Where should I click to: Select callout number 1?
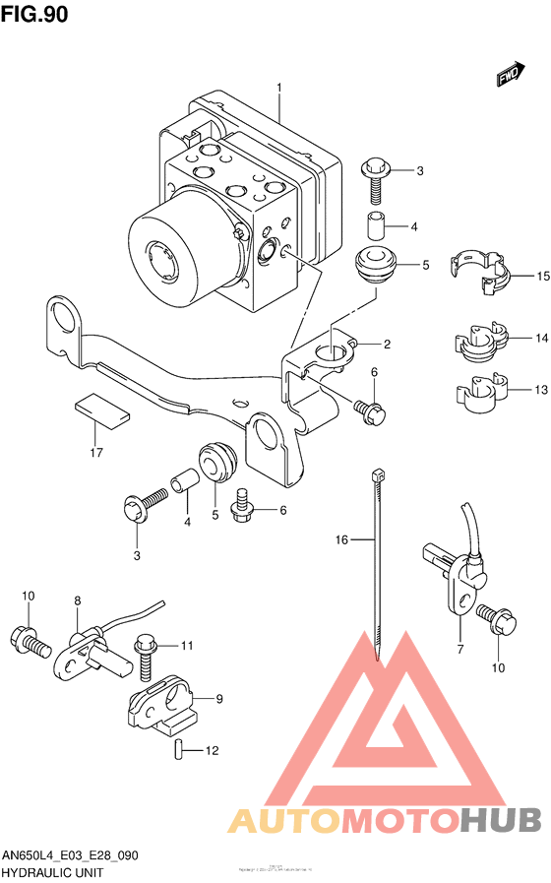pos(278,88)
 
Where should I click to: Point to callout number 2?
pos(387,345)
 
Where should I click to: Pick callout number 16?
pos(341,539)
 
